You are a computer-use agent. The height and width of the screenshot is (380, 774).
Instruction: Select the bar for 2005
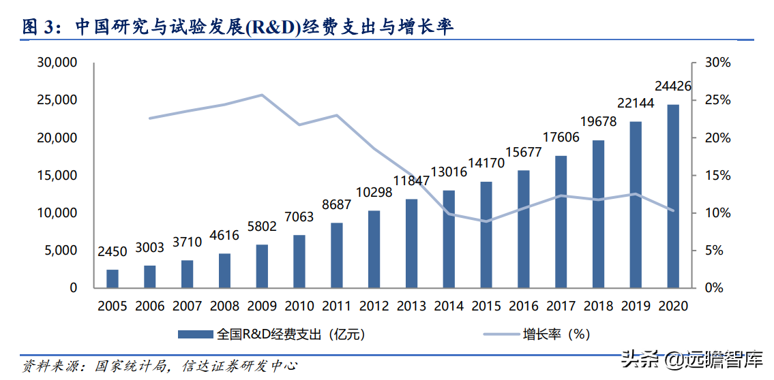tap(113, 279)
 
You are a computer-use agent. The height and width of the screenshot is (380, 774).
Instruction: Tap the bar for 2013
tap(411, 243)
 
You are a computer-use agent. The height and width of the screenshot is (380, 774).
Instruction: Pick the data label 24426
tap(673, 86)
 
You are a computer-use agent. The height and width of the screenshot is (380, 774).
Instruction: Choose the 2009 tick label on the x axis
tap(262, 306)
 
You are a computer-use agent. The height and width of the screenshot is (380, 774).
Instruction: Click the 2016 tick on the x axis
tap(524, 306)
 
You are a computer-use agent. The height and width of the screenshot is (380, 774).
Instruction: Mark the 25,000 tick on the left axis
tap(57, 100)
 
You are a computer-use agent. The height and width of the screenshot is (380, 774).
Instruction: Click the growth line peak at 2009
tap(263, 95)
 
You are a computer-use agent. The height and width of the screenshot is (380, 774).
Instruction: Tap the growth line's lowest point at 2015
tap(486, 221)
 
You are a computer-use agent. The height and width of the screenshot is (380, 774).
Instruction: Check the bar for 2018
tap(598, 214)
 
